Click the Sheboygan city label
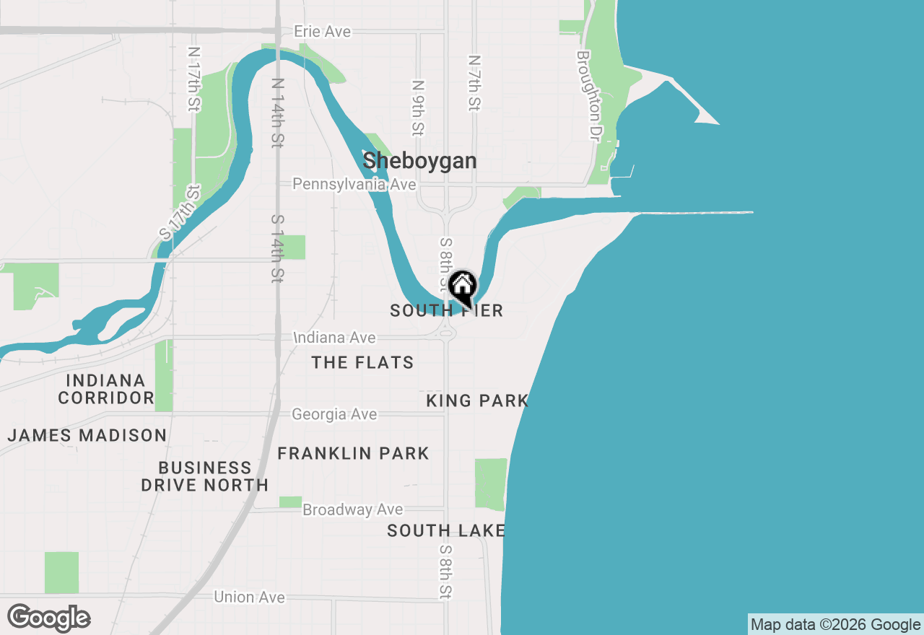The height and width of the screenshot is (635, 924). click(419, 160)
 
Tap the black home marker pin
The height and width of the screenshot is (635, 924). click(462, 287)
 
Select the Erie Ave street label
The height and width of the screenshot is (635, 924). click(322, 32)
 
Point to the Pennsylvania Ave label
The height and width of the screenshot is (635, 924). click(354, 185)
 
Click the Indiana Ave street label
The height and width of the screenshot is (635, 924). click(335, 338)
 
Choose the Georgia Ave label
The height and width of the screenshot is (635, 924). click(334, 414)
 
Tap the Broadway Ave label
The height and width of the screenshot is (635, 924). click(352, 509)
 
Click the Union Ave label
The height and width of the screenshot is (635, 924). click(249, 597)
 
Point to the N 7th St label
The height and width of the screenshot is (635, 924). click(474, 83)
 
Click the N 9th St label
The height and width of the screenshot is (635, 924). click(417, 108)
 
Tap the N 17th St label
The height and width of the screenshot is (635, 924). click(193, 79)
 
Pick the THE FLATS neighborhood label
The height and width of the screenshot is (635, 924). click(362, 362)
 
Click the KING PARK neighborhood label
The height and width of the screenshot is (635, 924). click(477, 400)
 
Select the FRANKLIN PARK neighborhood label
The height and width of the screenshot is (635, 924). click(353, 453)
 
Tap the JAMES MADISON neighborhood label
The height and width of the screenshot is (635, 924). click(87, 435)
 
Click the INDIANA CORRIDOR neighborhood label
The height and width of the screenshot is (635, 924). click(106, 389)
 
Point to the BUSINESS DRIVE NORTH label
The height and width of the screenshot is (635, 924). click(205, 476)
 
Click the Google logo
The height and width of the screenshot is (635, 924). click(48, 618)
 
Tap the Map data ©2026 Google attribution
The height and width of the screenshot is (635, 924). click(835, 625)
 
